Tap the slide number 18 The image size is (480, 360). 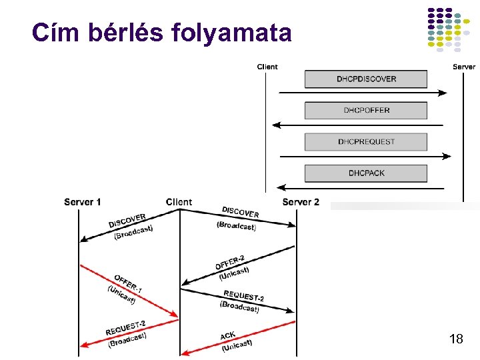pos(456,339)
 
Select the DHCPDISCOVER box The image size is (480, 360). pos(366,79)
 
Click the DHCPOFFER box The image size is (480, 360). pos(366,110)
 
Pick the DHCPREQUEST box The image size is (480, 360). pos(366,141)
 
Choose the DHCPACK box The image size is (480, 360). pos(366,173)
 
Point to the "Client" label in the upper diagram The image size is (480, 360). pos(267,67)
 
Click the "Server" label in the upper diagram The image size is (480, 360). pos(464,67)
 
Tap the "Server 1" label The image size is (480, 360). pos(83,202)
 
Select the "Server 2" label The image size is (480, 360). pos(301,202)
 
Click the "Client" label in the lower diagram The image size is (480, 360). pos(179,202)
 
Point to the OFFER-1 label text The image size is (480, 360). pos(128,283)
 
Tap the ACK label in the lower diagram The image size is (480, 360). pos(228,335)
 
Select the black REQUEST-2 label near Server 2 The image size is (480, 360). pos(244,295)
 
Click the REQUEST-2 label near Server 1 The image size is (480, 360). pos(125,328)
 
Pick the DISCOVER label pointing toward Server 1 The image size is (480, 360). pos(127,221)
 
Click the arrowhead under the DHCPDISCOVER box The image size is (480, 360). pos(443,93)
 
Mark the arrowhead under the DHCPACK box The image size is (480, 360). pos(281,187)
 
